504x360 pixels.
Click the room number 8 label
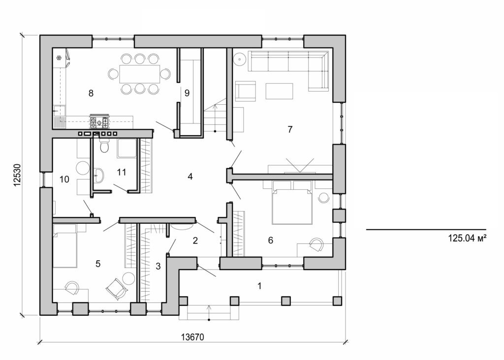click(90, 93)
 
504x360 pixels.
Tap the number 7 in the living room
click(290, 129)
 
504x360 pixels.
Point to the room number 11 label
click(122, 172)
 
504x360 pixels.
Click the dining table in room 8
click(139, 74)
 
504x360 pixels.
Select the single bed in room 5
click(64, 246)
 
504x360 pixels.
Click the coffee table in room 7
click(279, 91)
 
